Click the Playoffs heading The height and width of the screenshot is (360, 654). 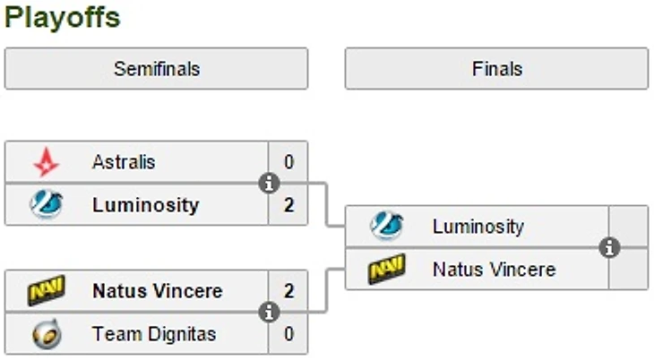(62, 17)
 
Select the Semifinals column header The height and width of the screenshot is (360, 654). (156, 69)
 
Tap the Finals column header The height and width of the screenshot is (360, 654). (496, 69)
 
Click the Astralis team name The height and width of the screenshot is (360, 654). (124, 162)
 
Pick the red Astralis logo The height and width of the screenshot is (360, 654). (46, 162)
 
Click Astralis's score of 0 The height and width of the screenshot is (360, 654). (288, 162)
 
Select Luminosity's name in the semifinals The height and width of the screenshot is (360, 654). (145, 205)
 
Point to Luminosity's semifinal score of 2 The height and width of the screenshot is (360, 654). (288, 205)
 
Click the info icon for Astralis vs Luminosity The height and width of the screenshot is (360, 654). (268, 184)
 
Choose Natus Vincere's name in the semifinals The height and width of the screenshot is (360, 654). (157, 291)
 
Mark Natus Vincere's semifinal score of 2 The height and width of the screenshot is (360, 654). (288, 291)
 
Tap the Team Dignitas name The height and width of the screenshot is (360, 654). (153, 334)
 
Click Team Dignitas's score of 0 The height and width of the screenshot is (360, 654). (288, 334)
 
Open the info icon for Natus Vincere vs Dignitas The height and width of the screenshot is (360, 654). (268, 313)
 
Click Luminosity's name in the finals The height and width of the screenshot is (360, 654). (478, 227)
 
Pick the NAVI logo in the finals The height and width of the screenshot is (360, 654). (387, 269)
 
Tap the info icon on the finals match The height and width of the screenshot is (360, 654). (609, 247)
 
